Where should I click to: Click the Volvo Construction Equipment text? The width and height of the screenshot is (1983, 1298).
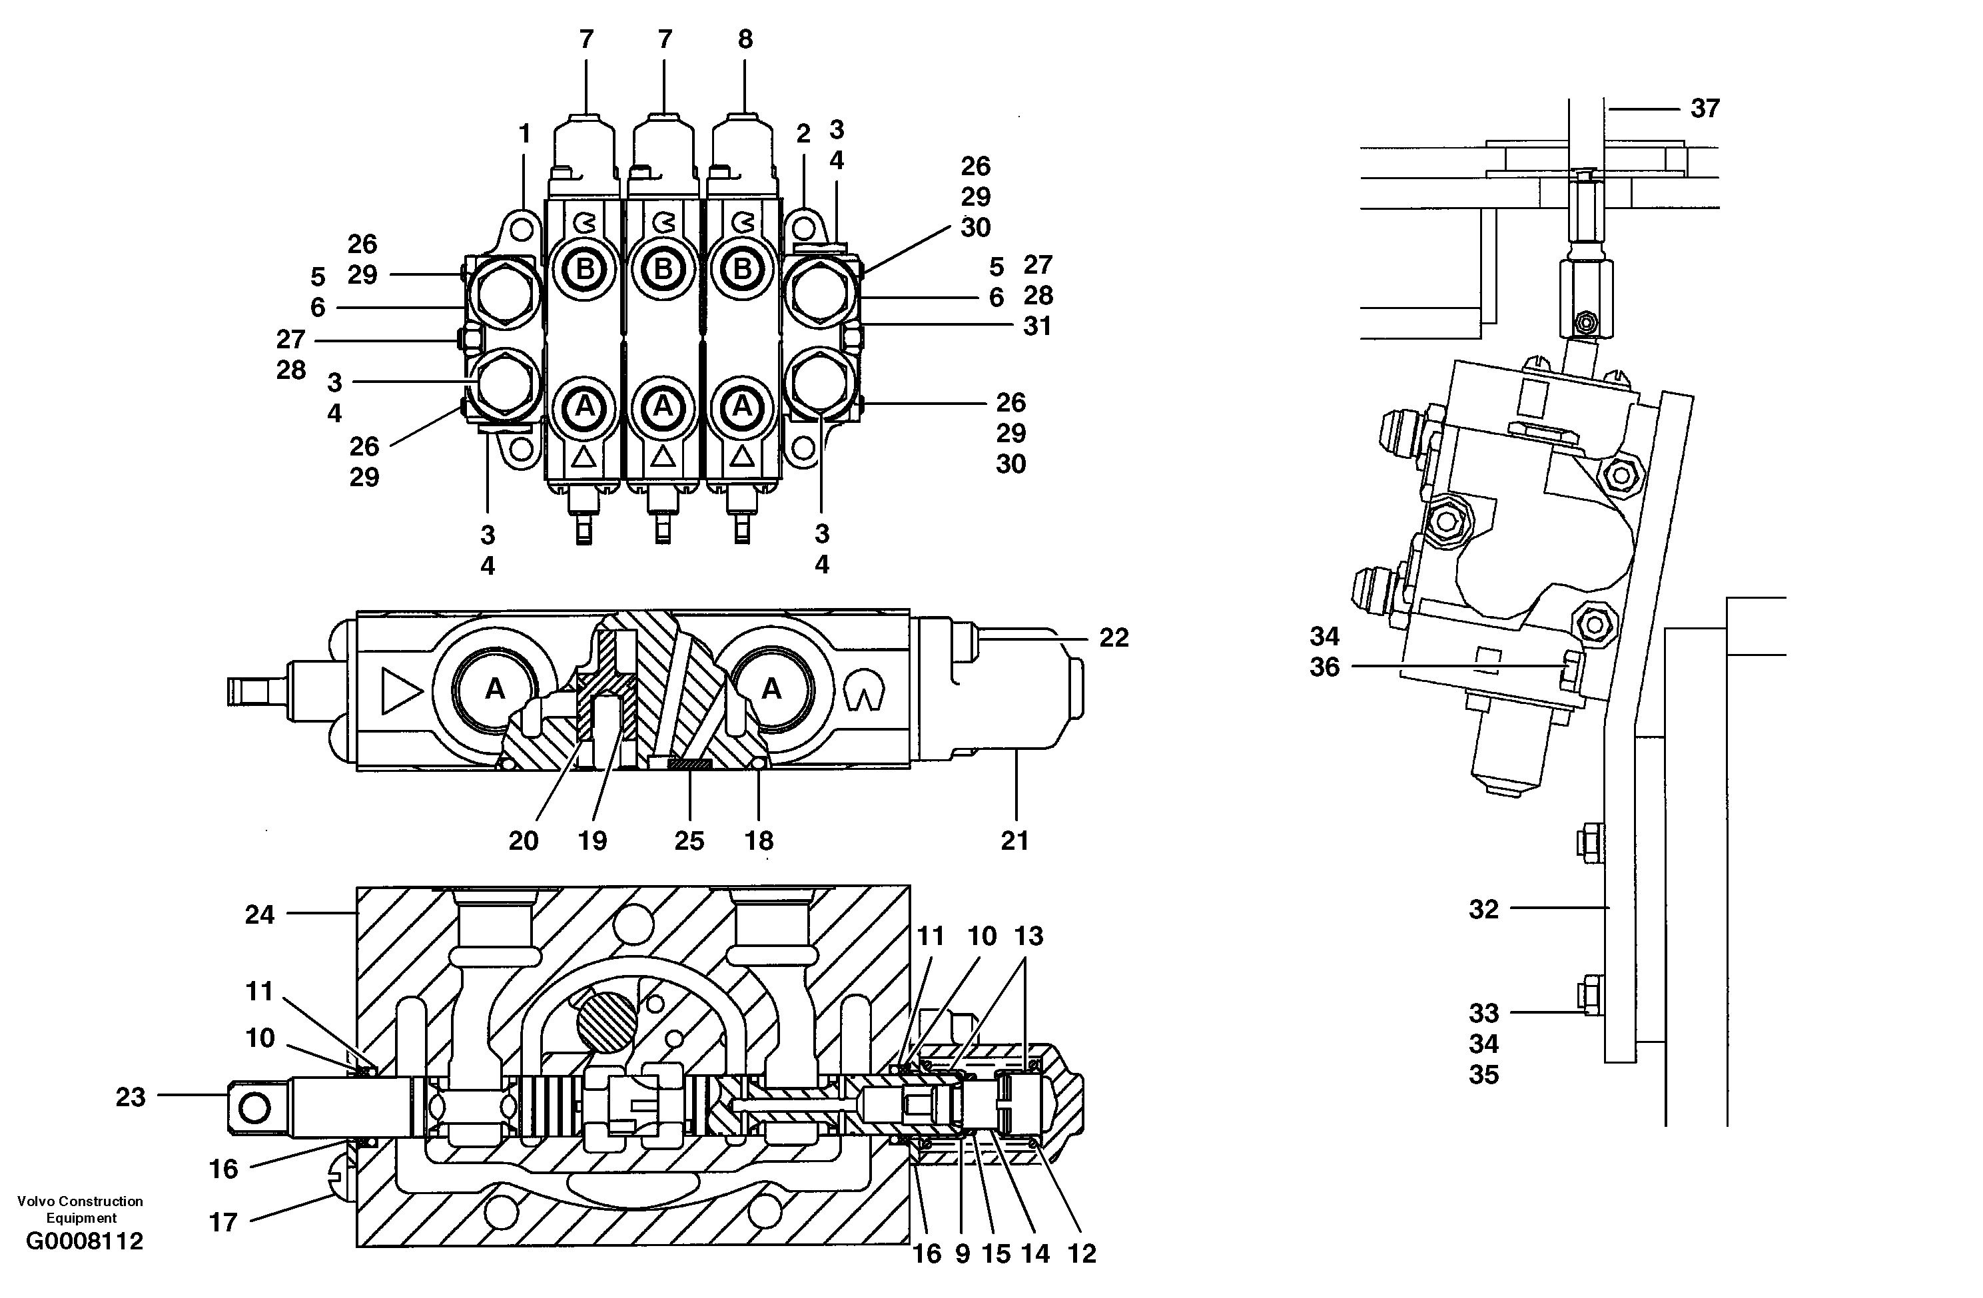click(80, 1209)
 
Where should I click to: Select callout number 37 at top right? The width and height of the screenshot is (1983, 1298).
click(1705, 109)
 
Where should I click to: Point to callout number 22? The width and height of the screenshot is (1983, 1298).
click(1113, 638)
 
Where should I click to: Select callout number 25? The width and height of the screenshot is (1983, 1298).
click(689, 840)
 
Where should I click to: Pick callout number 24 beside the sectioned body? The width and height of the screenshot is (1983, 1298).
click(259, 915)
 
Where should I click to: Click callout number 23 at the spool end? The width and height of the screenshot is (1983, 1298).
click(130, 1098)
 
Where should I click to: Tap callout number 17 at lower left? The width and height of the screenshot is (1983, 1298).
click(222, 1222)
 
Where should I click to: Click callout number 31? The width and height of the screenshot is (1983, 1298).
click(1036, 326)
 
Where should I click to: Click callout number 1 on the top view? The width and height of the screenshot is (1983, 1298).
click(524, 133)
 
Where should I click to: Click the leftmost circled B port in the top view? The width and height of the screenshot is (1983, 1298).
click(585, 269)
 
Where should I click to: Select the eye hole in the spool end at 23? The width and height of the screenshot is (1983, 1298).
click(254, 1108)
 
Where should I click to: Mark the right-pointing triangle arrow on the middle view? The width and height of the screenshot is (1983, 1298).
click(399, 691)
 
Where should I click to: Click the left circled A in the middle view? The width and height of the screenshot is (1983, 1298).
click(495, 689)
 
